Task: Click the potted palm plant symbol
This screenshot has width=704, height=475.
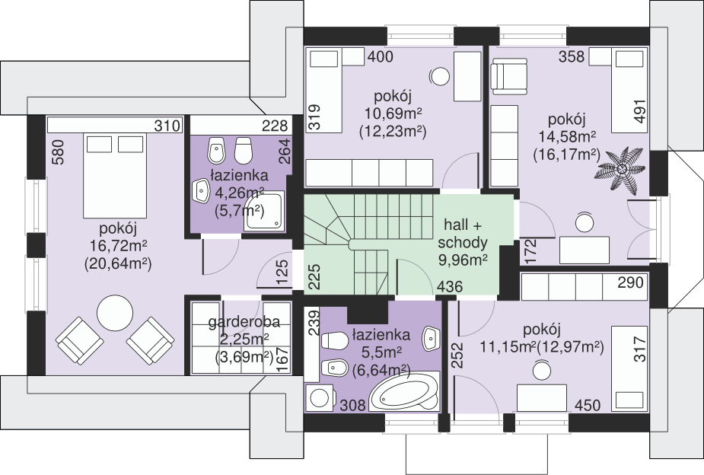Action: coord(622,169)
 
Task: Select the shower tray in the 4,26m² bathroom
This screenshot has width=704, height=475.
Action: coord(264,211)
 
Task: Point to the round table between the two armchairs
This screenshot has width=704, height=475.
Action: coord(116,314)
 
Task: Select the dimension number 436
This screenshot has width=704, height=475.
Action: coord(450,287)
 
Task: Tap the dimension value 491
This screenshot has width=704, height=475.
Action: coord(641,110)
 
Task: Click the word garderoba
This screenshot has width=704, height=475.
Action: coord(244,322)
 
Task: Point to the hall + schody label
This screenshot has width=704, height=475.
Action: coord(463,234)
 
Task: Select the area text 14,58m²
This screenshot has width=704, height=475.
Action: coord(566,137)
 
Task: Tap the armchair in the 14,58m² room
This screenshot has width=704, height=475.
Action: coord(510,79)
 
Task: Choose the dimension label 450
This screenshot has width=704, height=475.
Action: coord(588,406)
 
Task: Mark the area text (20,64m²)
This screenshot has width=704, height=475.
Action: coord(118,263)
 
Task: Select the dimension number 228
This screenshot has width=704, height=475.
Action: coord(274,126)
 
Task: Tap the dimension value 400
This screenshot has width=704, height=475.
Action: coord(380,56)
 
